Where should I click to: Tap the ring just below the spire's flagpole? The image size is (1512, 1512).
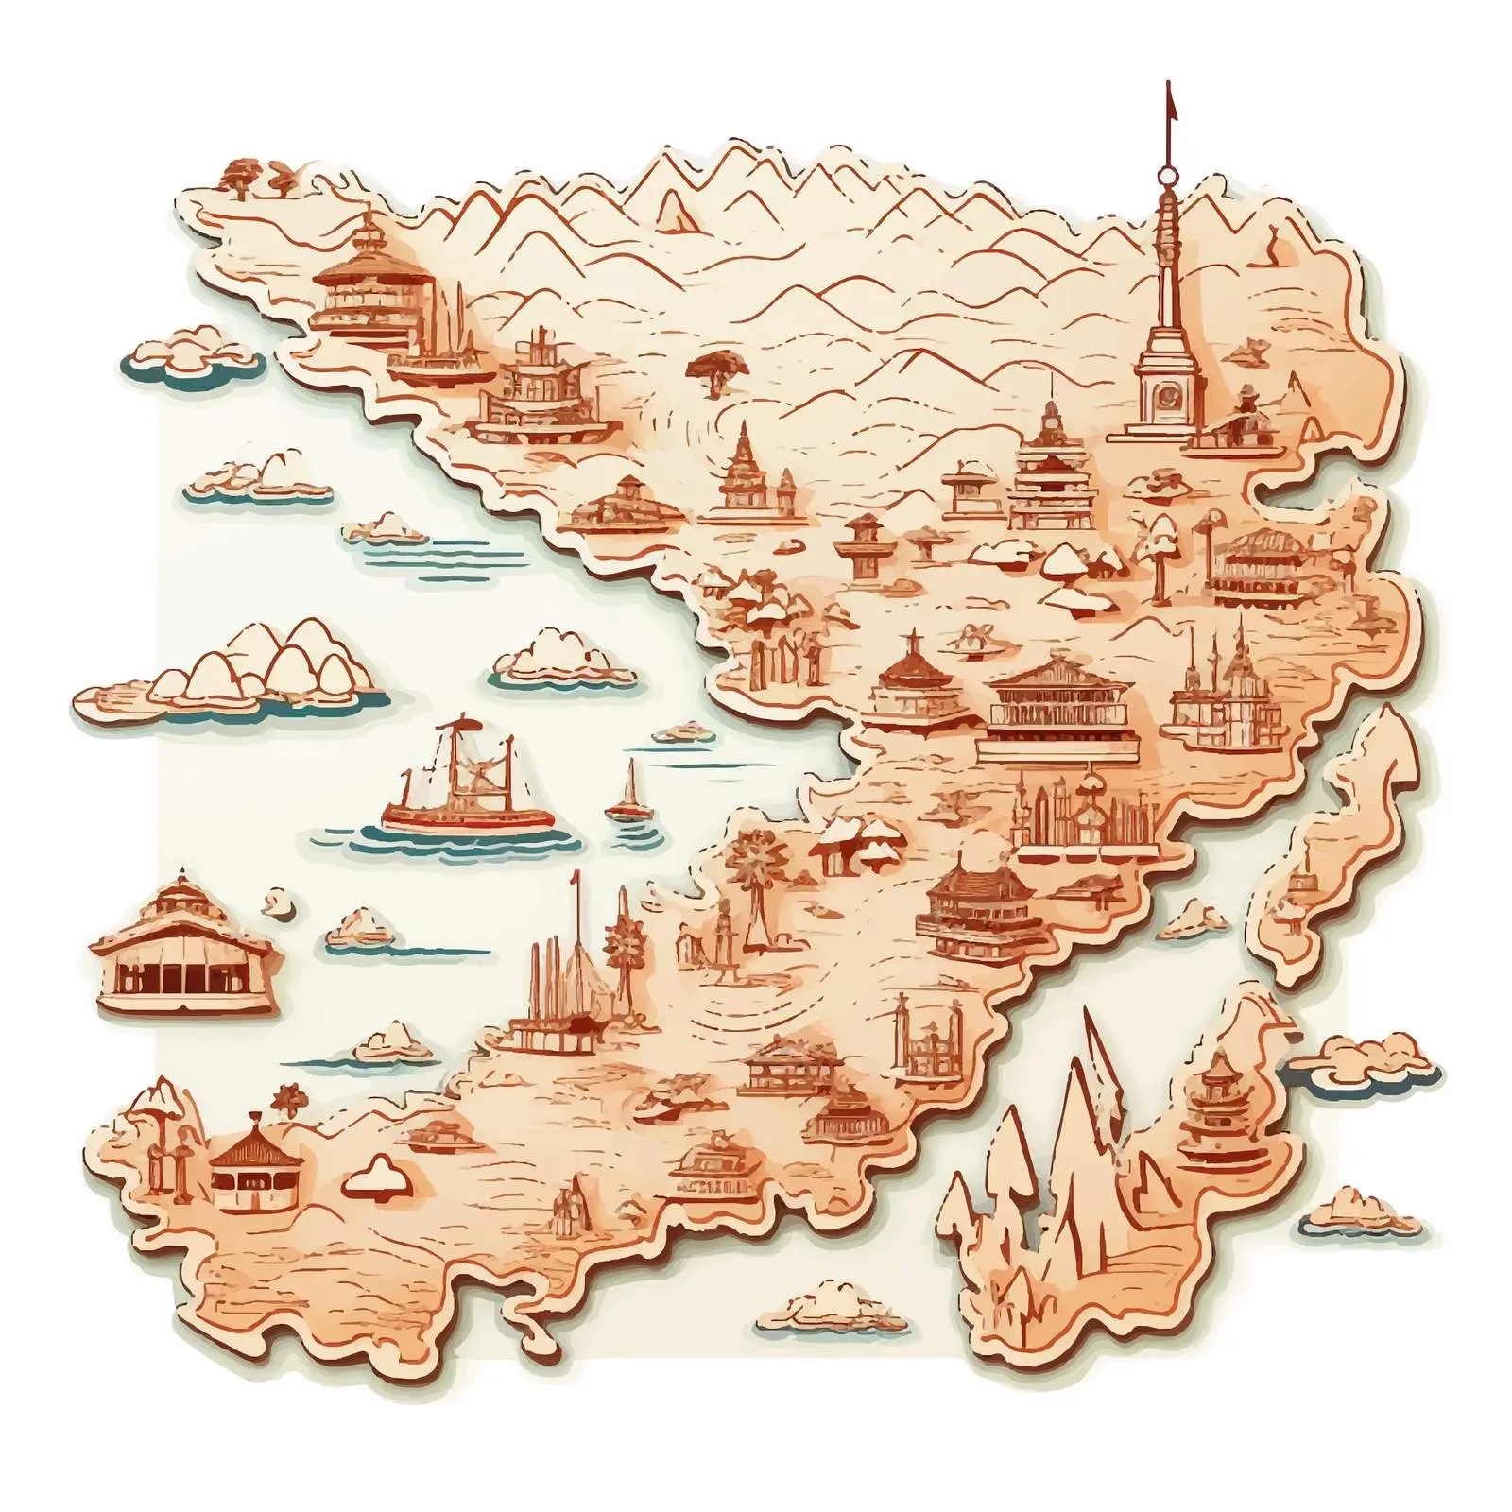coord(1168,175)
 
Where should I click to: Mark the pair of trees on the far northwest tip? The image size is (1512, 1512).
coord(255,177)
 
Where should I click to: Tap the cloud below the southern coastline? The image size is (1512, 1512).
coord(832,1309)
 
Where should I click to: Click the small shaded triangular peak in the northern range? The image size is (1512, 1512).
coord(675,210)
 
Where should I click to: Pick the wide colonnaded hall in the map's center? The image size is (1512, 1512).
coord(1057,709)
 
